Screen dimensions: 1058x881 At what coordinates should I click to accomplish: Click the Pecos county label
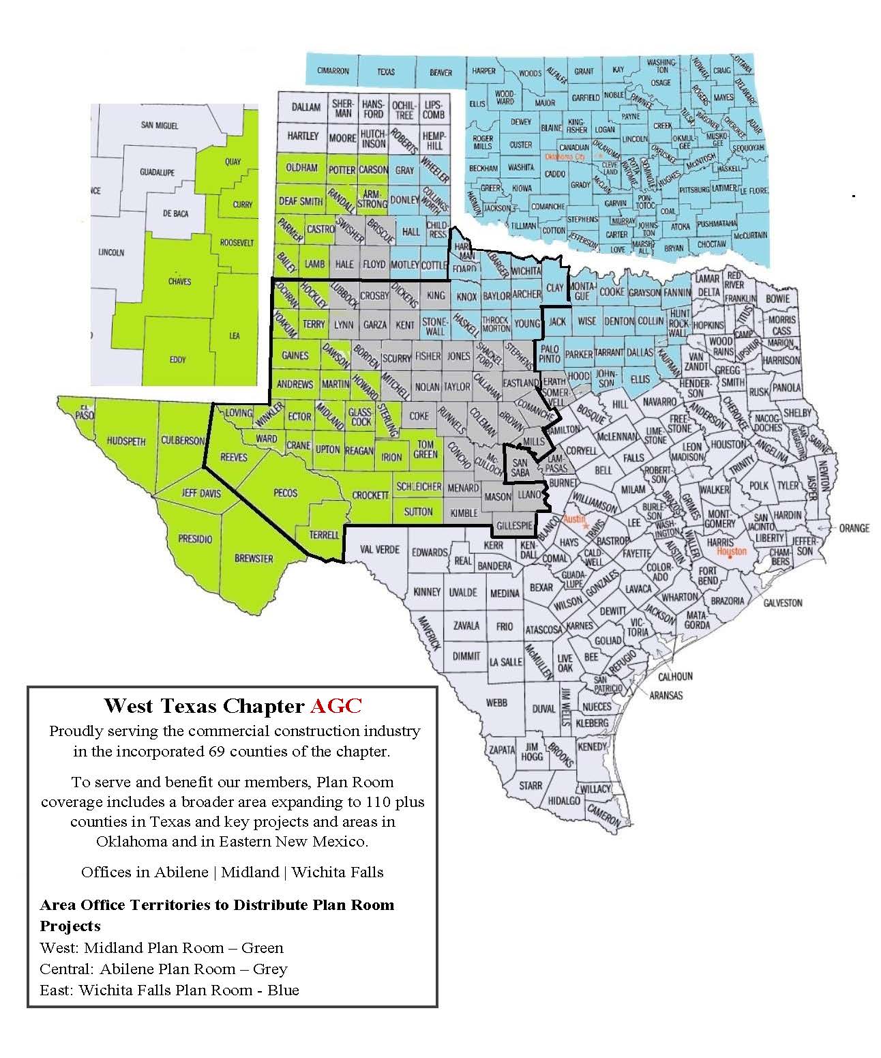tap(285, 492)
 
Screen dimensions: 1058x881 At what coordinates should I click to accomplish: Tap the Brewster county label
tap(254, 558)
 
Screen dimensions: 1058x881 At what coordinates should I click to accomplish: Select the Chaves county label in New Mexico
tap(179, 281)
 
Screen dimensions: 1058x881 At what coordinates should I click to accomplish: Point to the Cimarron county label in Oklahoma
tap(333, 71)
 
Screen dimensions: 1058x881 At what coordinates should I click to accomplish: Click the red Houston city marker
tap(729, 556)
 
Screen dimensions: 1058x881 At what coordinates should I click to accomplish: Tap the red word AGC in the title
tap(335, 705)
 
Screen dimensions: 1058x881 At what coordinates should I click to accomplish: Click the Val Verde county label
tap(380, 549)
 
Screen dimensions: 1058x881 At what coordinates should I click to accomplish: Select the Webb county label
tap(496, 703)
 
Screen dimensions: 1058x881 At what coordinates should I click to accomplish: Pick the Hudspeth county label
tap(126, 441)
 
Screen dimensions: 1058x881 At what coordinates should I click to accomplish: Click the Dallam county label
tap(305, 107)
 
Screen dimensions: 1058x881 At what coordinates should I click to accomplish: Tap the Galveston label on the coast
tap(783, 602)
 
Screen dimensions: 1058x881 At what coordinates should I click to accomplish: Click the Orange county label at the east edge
tap(854, 528)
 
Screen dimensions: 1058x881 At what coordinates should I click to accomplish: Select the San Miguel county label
tap(160, 126)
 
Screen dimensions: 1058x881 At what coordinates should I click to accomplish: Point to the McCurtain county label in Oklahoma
tap(750, 235)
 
